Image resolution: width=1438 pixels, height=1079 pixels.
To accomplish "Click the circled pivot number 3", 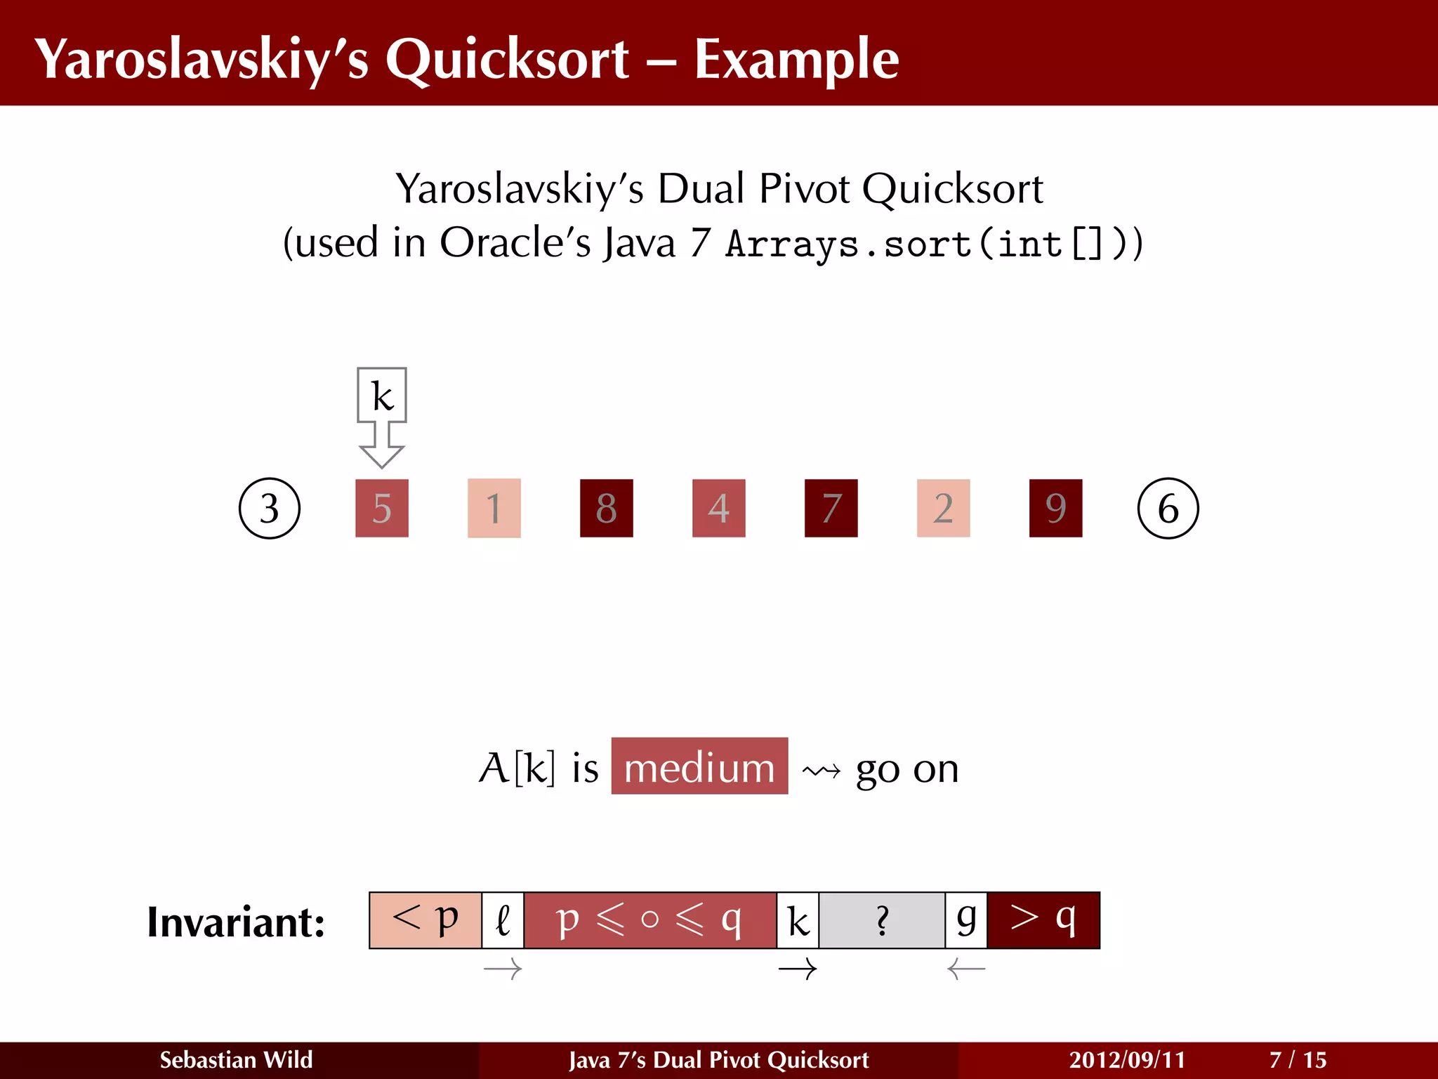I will click(x=270, y=508).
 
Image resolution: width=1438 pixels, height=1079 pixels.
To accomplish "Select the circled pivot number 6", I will click(x=1168, y=508).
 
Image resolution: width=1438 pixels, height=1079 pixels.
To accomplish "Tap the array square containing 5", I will click(x=382, y=508).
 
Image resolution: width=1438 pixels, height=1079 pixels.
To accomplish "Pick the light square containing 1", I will click(x=494, y=508).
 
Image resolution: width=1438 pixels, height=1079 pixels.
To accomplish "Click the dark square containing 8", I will click(x=607, y=508).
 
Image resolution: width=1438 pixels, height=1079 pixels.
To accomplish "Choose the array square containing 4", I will click(x=719, y=508).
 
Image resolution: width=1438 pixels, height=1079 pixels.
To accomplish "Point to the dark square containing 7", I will click(x=831, y=508).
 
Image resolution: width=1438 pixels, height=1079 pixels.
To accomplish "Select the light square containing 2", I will click(x=944, y=508).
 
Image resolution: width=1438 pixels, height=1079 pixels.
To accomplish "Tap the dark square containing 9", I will click(x=1056, y=508).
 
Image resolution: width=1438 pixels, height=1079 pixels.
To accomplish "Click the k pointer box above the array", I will click(x=382, y=395).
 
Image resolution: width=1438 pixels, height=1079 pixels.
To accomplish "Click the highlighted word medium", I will click(x=699, y=766).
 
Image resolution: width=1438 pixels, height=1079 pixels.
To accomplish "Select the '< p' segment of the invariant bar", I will click(x=426, y=920).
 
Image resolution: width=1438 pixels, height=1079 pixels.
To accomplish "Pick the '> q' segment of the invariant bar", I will click(x=1043, y=920).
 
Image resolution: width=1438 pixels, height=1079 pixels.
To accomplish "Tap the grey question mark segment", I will click(x=882, y=920).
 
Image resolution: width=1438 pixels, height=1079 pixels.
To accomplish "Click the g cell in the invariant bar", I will click(x=966, y=920).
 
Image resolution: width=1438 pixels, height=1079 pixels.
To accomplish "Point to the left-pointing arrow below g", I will click(x=966, y=969).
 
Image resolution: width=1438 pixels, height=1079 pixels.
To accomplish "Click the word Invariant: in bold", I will click(x=236, y=922).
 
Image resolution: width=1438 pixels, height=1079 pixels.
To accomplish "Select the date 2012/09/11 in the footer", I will click(x=1127, y=1059).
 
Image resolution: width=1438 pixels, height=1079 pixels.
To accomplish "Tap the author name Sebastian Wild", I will click(x=236, y=1059).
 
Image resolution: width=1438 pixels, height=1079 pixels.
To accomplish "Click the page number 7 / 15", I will click(x=1298, y=1059).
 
